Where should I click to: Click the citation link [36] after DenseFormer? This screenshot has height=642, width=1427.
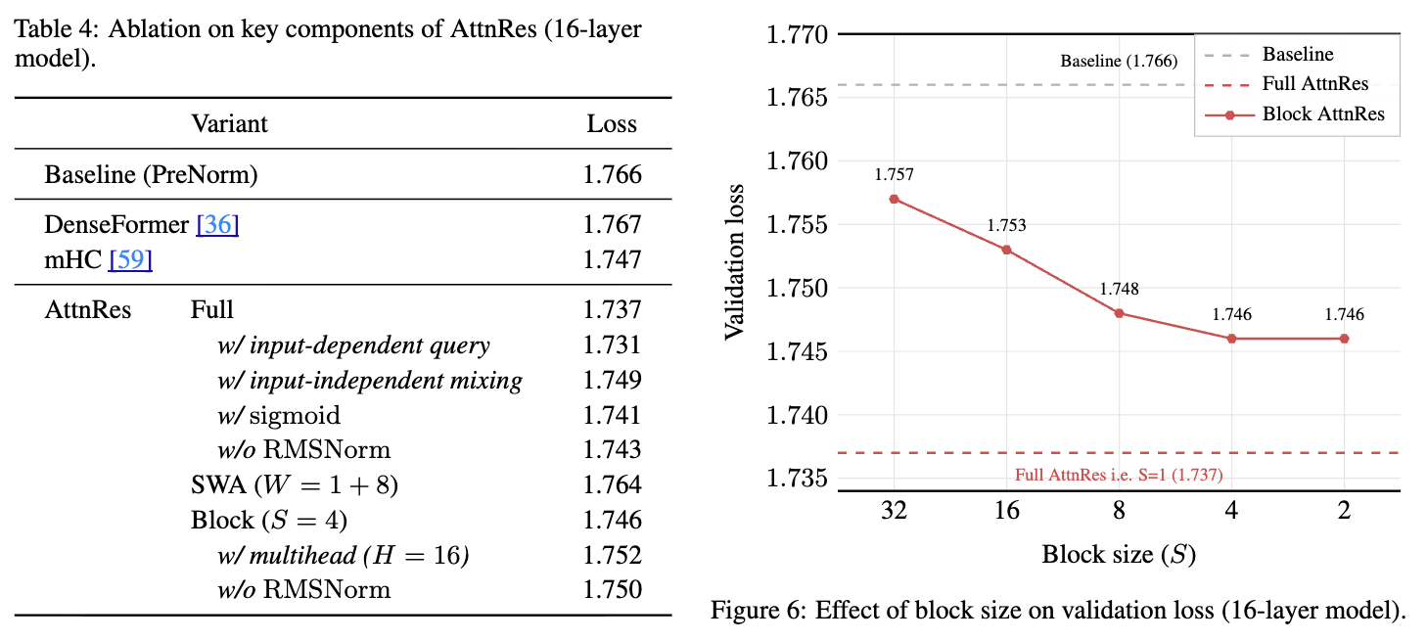pyautogui.click(x=217, y=224)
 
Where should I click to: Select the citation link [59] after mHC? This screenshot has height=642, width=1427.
pyautogui.click(x=130, y=259)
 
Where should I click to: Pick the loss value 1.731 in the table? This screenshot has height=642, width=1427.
pyautogui.click(x=612, y=344)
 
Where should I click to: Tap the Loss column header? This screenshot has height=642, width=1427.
pyautogui.click(x=612, y=124)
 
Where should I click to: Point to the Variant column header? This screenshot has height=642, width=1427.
pyautogui.click(x=229, y=124)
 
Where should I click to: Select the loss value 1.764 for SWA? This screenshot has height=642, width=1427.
pyautogui.click(x=612, y=484)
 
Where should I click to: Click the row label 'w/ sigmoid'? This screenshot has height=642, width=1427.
pyautogui.click(x=279, y=415)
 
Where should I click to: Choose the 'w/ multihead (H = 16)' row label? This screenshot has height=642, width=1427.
pyautogui.click(x=344, y=556)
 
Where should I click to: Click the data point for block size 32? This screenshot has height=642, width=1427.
pyautogui.click(x=894, y=199)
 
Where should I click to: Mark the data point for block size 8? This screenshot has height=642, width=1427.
pyautogui.click(x=1119, y=313)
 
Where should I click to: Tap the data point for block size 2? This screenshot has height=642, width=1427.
pyautogui.click(x=1344, y=339)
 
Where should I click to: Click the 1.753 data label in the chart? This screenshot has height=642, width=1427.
pyautogui.click(x=1006, y=225)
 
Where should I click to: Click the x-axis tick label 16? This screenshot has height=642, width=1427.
pyautogui.click(x=1006, y=511)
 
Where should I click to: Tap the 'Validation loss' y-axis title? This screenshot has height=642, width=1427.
pyautogui.click(x=734, y=261)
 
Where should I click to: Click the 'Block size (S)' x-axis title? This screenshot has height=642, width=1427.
pyautogui.click(x=1119, y=555)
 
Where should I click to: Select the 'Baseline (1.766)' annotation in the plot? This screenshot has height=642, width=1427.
pyautogui.click(x=1119, y=61)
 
